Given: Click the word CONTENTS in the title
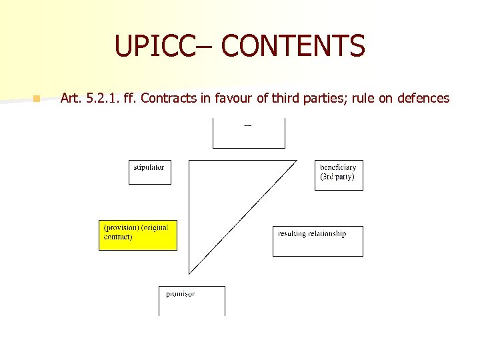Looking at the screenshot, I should (x=293, y=46).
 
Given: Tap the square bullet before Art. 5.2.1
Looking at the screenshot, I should (x=37, y=99).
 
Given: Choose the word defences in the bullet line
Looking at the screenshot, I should (x=423, y=98).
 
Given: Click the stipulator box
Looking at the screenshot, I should (x=149, y=172).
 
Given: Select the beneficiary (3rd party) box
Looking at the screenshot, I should (x=339, y=175).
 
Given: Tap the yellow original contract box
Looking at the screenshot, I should (x=138, y=235).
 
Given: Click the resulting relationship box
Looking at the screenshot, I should (x=318, y=241).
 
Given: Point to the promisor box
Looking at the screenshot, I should (x=191, y=301).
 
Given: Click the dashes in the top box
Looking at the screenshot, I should (x=248, y=125).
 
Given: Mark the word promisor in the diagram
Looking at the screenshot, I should (x=181, y=293).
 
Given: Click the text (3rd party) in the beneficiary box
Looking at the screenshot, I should (x=337, y=177).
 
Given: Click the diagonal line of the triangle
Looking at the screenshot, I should (x=243, y=217).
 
